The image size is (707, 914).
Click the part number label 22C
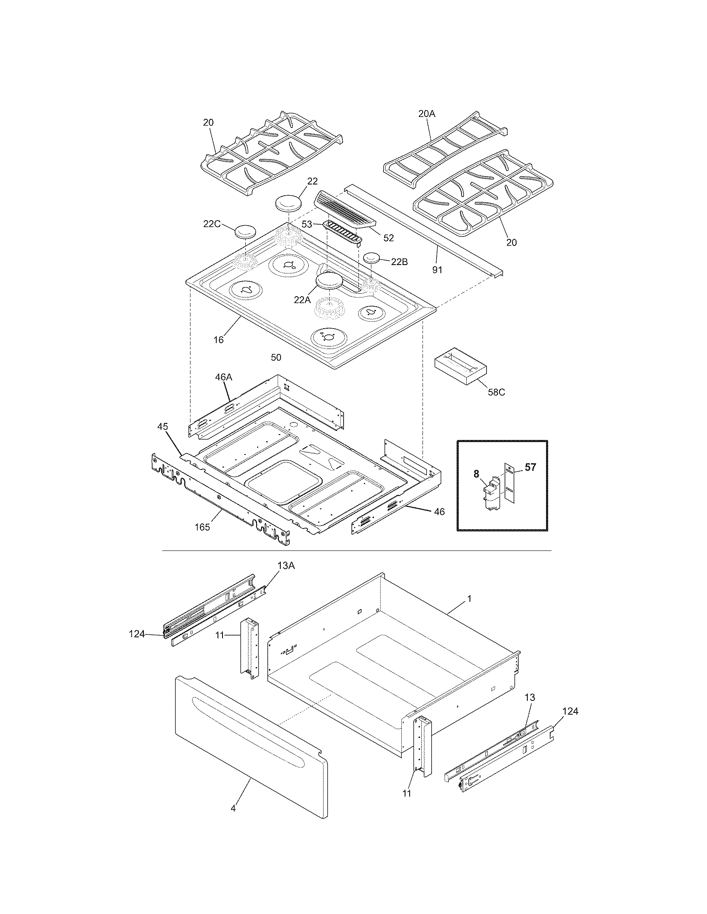tap(212, 224)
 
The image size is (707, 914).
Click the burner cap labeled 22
tap(289, 203)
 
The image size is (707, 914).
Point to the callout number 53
tap(307, 224)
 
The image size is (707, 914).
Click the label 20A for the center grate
tap(427, 113)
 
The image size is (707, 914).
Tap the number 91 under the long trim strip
tap(437, 270)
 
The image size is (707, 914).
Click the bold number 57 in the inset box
tap(530, 467)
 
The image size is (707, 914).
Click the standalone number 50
tap(276, 357)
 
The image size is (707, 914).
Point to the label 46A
tap(223, 377)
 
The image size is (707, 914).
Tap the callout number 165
tap(202, 527)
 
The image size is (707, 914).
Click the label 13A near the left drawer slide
tap(286, 566)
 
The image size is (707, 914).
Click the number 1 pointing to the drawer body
tap(469, 599)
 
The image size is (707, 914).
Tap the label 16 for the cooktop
tap(219, 339)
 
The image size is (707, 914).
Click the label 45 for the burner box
tap(163, 426)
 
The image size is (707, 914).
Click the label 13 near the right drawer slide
tap(529, 697)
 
